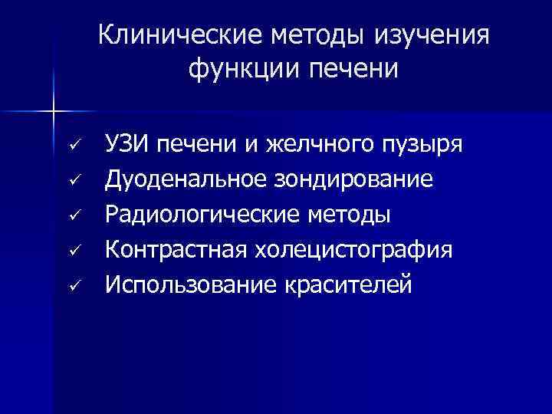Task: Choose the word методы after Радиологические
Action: click(350, 215)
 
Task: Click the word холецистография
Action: click(358, 250)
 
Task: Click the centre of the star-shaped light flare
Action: click(54, 111)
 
